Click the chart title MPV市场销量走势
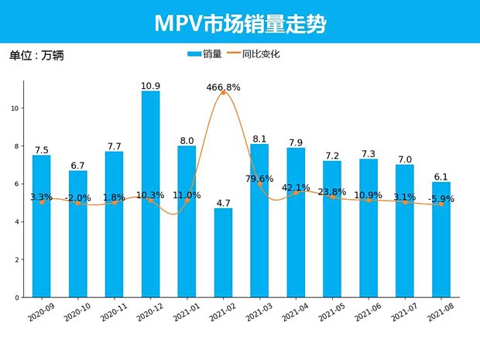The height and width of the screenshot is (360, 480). [240, 23]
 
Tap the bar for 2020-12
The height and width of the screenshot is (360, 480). [151, 194]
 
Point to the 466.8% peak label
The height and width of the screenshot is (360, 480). [223, 87]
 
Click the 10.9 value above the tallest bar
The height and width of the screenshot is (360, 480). [151, 85]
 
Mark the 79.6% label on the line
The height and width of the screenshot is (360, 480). [259, 179]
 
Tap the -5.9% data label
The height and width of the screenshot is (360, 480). [441, 199]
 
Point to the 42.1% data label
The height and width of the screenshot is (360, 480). [296, 187]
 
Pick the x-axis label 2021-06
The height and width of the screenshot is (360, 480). [368, 314]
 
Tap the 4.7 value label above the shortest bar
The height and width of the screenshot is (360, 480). [223, 204]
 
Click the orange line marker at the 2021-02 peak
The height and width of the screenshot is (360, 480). [223, 93]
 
